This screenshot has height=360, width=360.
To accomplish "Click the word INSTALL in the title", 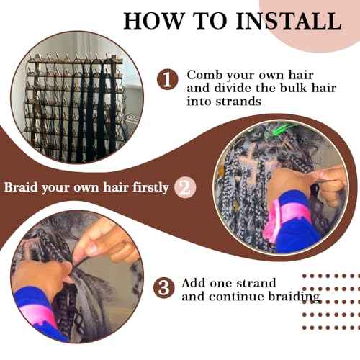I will (283, 19).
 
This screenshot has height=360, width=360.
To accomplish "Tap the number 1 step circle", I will (168, 80).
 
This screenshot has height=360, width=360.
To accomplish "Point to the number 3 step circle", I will (165, 289).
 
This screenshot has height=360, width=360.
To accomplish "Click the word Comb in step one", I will (204, 75).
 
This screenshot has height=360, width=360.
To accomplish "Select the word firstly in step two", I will (148, 187).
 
